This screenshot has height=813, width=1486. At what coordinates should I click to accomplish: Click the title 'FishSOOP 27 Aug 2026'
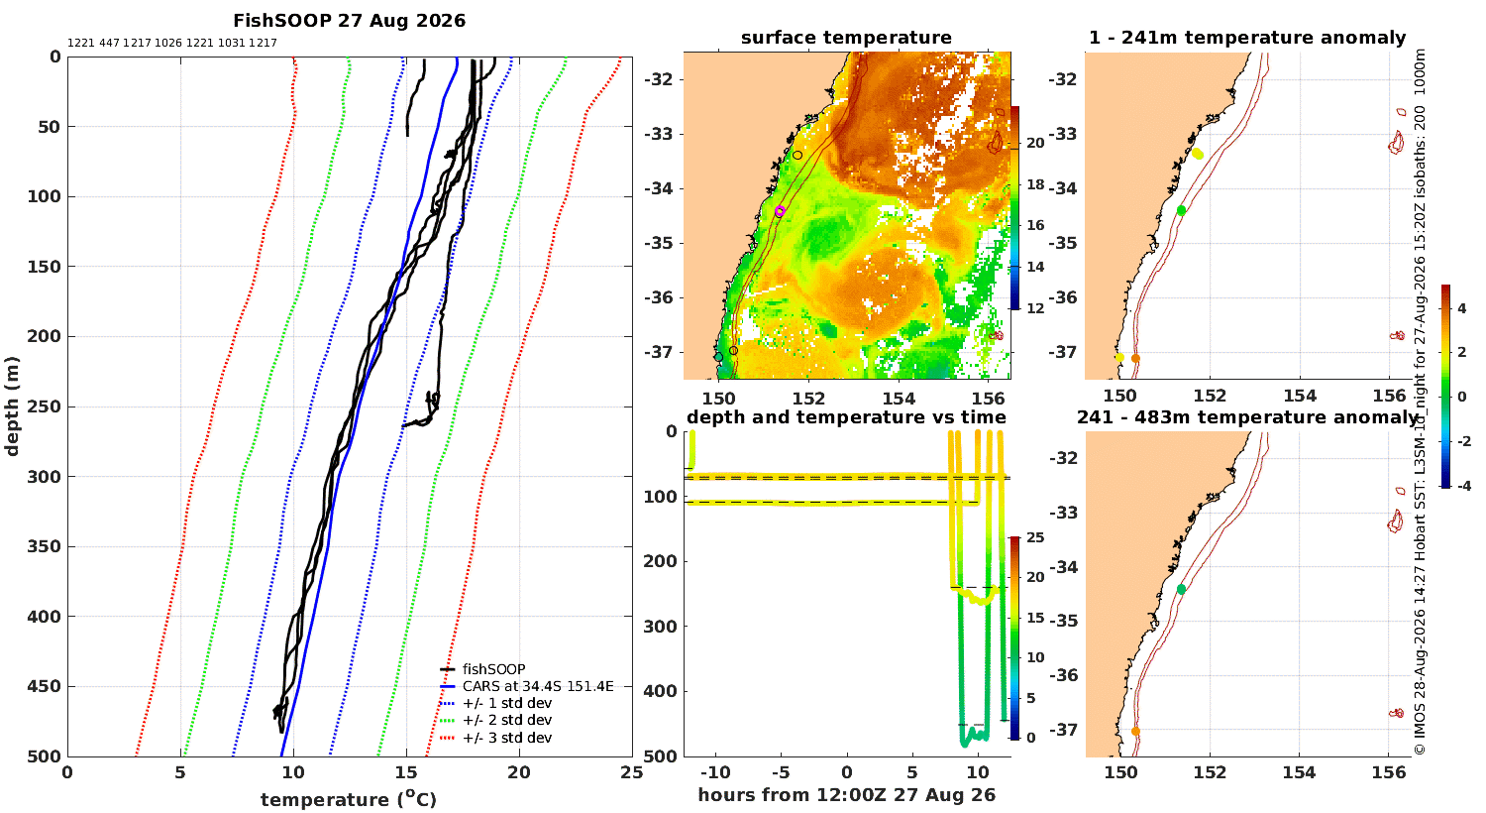click(x=349, y=21)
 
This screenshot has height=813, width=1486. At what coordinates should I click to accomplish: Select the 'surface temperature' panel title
click(x=846, y=38)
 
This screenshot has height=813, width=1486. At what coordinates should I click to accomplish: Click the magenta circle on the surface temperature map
click(x=781, y=211)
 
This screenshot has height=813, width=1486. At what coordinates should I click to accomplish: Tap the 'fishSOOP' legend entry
click(x=493, y=669)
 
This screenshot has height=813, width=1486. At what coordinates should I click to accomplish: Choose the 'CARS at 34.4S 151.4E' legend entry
click(x=538, y=686)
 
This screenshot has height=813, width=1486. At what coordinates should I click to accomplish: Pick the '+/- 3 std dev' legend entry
click(x=507, y=738)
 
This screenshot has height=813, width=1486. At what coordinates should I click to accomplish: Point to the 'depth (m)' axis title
click(x=12, y=406)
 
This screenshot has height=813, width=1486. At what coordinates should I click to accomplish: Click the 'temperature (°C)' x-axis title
click(x=349, y=799)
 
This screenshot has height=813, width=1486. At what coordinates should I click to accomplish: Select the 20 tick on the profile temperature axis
click(x=519, y=773)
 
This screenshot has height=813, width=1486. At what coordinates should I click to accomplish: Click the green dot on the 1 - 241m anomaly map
click(x=1181, y=210)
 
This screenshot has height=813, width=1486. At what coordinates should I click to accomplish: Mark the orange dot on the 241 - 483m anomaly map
click(x=1135, y=732)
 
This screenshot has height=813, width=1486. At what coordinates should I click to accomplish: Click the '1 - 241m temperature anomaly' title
click(x=1247, y=38)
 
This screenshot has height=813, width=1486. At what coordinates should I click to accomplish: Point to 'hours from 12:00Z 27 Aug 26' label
click(x=846, y=795)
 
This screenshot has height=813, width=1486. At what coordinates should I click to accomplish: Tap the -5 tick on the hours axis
click(x=781, y=773)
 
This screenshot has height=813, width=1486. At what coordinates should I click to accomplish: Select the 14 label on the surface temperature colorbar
click(x=1035, y=267)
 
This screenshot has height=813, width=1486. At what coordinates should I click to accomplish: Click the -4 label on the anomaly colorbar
click(x=1461, y=486)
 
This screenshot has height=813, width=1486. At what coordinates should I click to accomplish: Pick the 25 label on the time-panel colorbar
click(x=1035, y=537)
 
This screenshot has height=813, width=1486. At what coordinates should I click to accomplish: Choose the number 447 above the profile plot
click(x=109, y=44)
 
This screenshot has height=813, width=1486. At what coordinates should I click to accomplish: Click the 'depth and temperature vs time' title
click(x=846, y=416)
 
